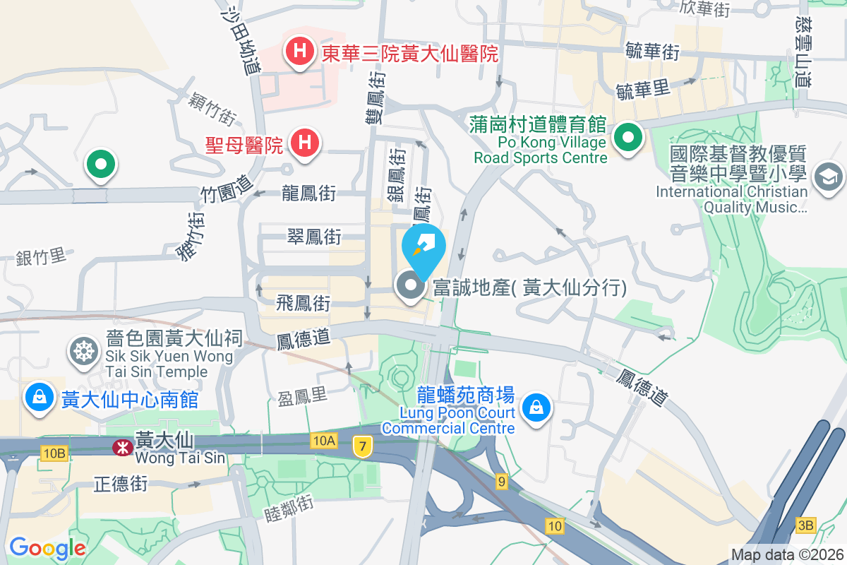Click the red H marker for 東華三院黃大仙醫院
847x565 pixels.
300,52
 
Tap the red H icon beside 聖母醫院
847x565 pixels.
304,143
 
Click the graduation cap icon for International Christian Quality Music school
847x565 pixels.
828,176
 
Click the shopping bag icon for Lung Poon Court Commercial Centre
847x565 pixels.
536,408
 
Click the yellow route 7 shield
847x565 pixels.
363,446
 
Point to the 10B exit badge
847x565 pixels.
54,453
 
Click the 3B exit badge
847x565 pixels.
805,524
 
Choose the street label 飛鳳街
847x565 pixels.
304,304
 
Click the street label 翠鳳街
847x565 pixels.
314,237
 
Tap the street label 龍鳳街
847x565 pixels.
308,193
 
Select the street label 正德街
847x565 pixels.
121,484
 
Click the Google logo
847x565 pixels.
47,547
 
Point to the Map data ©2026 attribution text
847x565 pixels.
786,554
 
